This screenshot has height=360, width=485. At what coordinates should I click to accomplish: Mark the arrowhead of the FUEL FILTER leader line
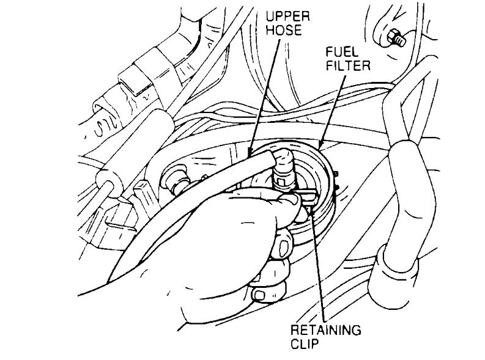click(320, 145)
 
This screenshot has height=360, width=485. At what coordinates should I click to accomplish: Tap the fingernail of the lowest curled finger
click(261, 297)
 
